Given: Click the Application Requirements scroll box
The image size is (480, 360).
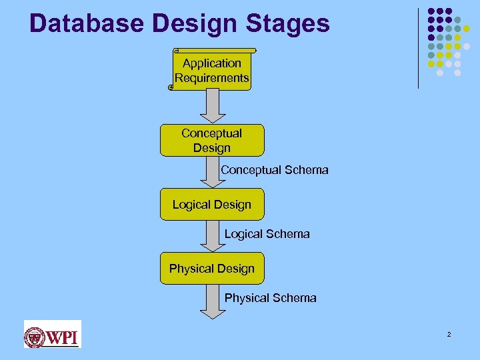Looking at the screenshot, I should tap(212, 71).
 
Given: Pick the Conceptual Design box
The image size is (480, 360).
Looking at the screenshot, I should tap(212, 140).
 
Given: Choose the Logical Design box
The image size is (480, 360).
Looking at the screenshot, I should tap(212, 205).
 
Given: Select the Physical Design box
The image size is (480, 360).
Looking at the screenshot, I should tap(212, 269).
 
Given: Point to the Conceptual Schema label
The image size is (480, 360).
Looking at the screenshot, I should tap(275, 170).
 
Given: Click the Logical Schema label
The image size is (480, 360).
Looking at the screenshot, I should tap(267, 234).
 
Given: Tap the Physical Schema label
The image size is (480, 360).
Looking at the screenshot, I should tap(270, 298).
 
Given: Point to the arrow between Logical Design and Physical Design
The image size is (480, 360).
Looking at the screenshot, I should tap(212, 236).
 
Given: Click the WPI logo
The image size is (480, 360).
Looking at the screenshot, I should tap(52, 334).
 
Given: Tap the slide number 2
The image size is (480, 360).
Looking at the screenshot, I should tap(449, 334).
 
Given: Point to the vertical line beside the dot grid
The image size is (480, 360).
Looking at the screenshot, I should tap(418, 48).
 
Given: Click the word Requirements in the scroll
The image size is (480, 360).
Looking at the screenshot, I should tap(212, 78).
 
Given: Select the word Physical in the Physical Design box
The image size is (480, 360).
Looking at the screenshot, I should tap(190, 269).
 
